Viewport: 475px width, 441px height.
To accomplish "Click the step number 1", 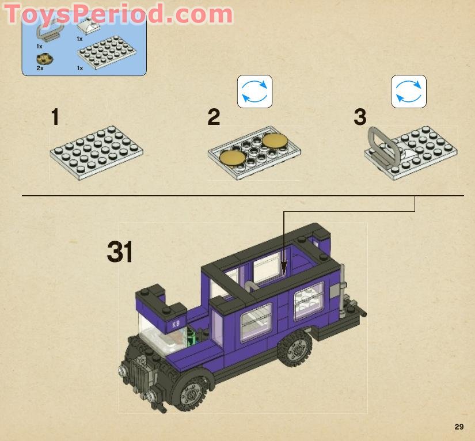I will [55, 117].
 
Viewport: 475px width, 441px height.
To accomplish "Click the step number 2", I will [214, 117].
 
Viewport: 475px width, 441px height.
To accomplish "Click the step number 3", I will [360, 117].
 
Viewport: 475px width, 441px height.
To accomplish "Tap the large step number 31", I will [120, 252].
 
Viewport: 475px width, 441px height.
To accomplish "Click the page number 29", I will [458, 427].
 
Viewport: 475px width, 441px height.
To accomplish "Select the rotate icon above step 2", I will [254, 92].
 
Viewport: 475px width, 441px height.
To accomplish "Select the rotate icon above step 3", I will [409, 92].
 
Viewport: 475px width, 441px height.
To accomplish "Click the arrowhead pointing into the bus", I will [284, 267].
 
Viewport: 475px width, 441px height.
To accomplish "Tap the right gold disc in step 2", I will [275, 140].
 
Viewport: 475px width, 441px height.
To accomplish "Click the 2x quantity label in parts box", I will [40, 68].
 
